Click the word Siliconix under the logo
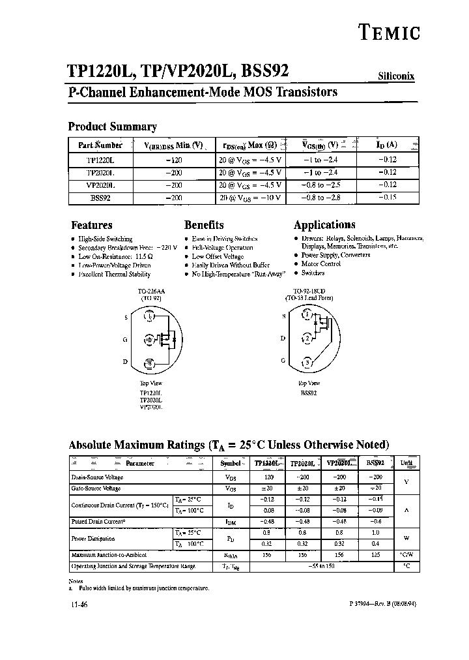(x=396, y=76)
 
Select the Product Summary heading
(x=112, y=127)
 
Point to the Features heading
(x=91, y=225)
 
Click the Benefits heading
(x=204, y=225)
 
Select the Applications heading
(x=324, y=225)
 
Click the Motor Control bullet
(x=320, y=264)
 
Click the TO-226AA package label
(x=150, y=292)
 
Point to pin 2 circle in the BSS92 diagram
(x=307, y=338)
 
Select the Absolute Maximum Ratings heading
(x=229, y=445)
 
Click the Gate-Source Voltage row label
(x=96, y=488)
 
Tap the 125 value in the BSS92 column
(x=375, y=555)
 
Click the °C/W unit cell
(x=406, y=555)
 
